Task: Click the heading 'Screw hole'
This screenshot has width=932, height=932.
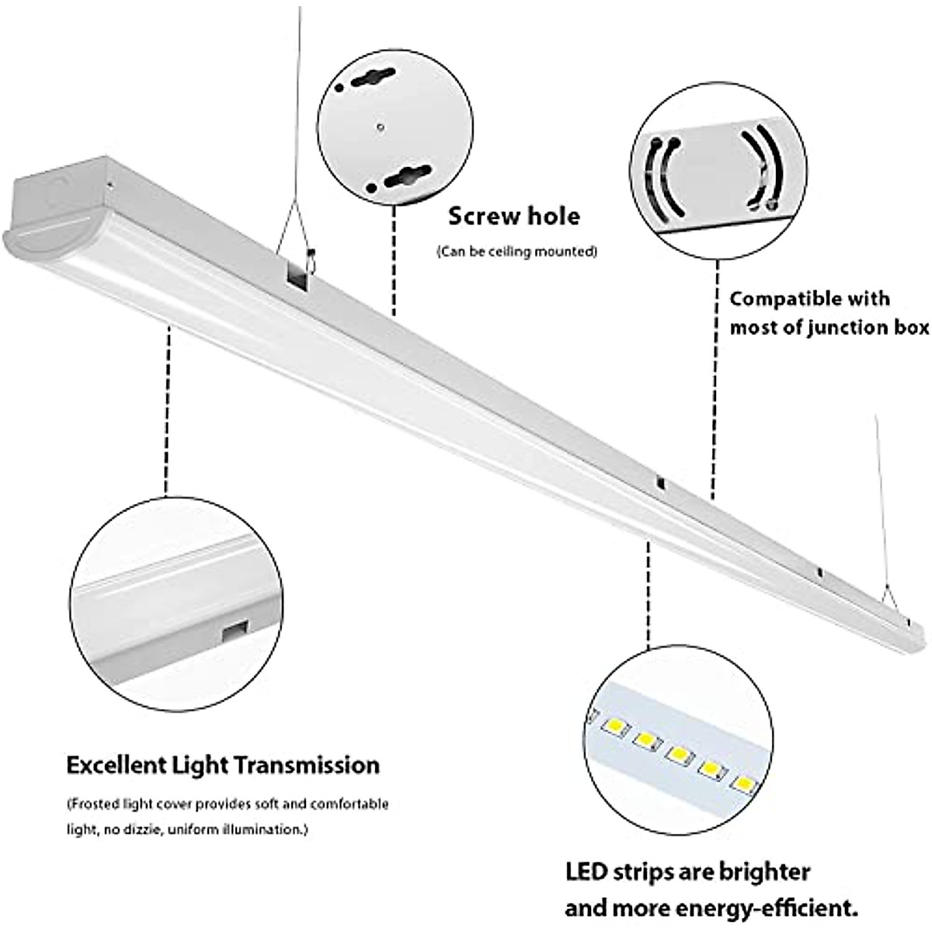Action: tap(514, 216)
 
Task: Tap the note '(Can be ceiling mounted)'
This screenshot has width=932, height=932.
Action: tap(517, 252)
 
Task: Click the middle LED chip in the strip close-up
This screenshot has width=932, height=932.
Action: tap(678, 754)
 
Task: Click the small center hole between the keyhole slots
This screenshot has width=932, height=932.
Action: tap(379, 125)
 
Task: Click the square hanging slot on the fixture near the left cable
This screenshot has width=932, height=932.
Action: tap(295, 275)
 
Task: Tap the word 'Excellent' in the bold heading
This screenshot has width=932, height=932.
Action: tap(117, 765)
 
